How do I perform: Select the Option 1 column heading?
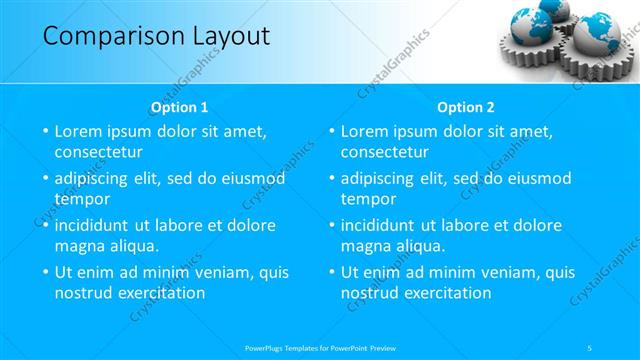[x=179, y=107]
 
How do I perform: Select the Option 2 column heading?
[x=465, y=107]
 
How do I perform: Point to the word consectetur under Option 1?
[x=98, y=153]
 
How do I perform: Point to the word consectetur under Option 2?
[x=384, y=153]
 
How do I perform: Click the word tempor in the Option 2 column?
[x=368, y=199]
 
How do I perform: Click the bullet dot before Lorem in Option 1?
[x=45, y=131]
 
